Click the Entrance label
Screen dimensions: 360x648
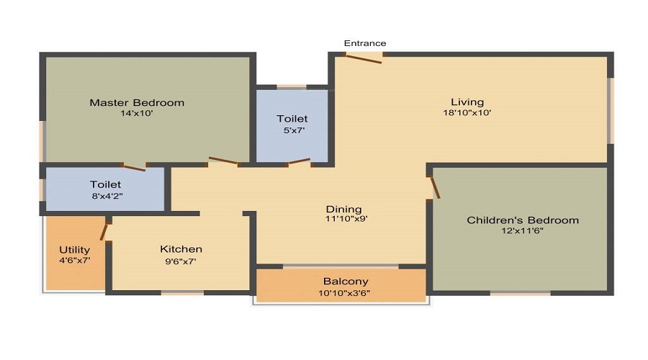(364, 43)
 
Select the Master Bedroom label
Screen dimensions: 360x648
(137, 102)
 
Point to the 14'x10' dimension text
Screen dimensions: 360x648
(137, 113)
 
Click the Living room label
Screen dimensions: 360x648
(467, 102)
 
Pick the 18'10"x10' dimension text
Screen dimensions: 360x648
(467, 112)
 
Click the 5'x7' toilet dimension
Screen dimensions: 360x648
(292, 130)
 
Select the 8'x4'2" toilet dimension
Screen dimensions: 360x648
(105, 196)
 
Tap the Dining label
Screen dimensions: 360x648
(343, 210)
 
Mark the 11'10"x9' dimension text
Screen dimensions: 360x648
(343, 219)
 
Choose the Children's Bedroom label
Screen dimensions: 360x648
(523, 220)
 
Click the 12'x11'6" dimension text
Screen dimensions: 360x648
(523, 230)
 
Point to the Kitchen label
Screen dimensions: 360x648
(181, 249)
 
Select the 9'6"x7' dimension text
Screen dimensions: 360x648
(181, 261)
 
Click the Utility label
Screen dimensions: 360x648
(74, 250)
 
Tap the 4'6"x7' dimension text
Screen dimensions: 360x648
(74, 261)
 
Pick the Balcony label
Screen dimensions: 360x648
(346, 282)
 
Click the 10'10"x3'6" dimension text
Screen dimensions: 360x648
(346, 292)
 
